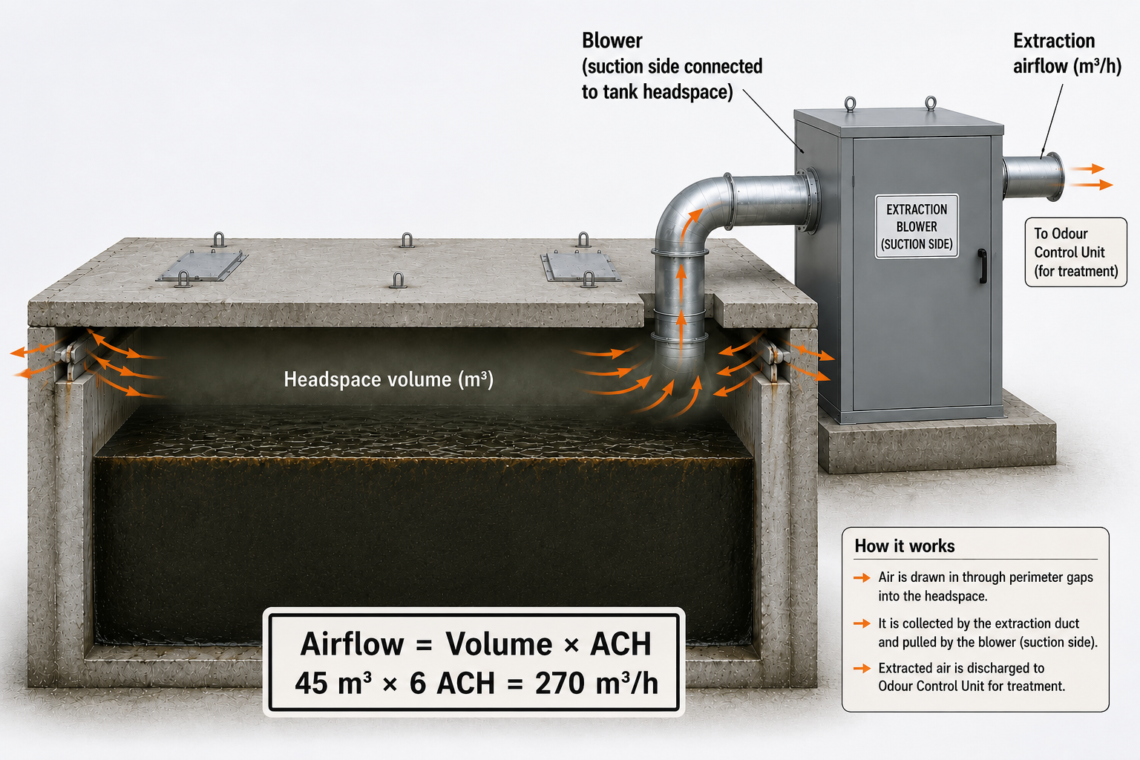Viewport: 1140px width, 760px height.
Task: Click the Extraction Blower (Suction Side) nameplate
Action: tap(917, 226)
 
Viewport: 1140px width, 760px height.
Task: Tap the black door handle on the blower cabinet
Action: tap(982, 266)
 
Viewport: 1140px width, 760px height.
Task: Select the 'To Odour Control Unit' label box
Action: tap(1075, 252)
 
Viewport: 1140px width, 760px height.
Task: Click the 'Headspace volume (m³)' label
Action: tap(388, 379)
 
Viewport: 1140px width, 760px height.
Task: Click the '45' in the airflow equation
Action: tap(312, 683)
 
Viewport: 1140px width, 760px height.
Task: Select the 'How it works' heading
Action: tap(905, 546)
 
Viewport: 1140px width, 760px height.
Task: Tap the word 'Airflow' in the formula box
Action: tap(352, 644)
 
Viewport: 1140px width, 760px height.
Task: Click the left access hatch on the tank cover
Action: tap(202, 265)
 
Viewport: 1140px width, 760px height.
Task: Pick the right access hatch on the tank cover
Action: tap(580, 266)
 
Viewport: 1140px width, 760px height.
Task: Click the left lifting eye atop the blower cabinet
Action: tap(850, 104)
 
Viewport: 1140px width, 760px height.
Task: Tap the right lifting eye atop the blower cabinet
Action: tap(931, 103)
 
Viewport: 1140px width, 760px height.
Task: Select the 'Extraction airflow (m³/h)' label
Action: tap(1067, 53)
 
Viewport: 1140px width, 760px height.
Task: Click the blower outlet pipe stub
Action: tap(1033, 176)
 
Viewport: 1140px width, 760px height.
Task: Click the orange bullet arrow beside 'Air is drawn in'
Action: tap(862, 577)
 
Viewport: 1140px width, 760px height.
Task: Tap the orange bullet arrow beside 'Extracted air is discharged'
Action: tap(862, 668)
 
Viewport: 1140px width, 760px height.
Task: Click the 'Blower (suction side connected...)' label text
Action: tap(672, 66)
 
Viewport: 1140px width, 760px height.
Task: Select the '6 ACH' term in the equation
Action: tap(452, 683)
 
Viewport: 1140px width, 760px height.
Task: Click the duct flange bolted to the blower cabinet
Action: tap(811, 200)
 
